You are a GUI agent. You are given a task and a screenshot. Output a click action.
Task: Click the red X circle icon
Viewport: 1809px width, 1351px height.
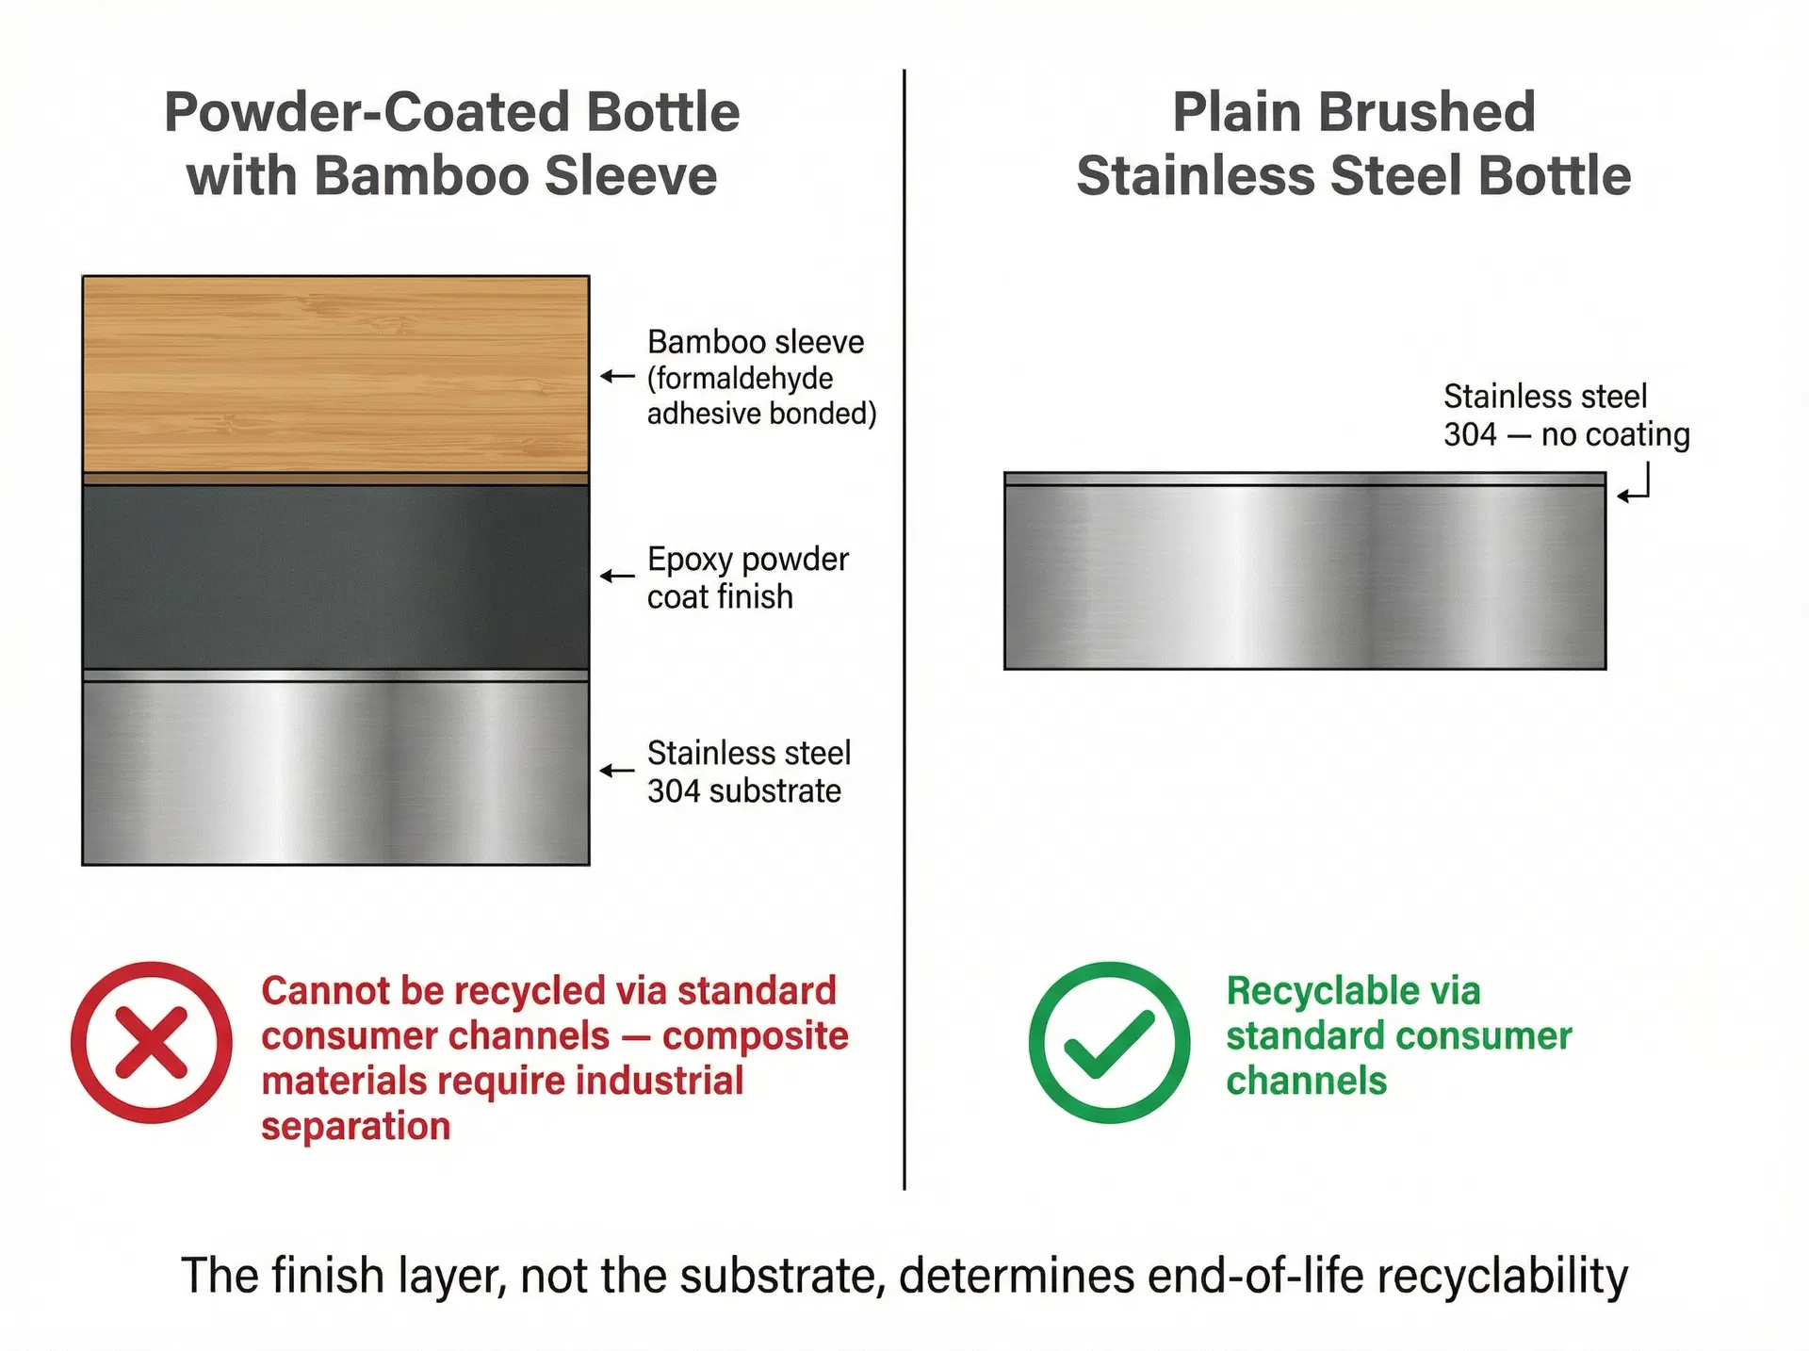pos(151,1042)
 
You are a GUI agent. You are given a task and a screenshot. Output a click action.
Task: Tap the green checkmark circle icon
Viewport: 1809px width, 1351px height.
pos(1109,1042)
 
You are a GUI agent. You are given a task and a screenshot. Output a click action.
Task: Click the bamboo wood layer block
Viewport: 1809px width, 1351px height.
pos(335,374)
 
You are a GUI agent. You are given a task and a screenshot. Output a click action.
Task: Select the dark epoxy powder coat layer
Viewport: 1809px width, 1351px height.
pos(335,577)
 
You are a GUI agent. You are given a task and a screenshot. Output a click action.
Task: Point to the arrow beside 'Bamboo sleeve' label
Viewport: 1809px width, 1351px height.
pos(617,377)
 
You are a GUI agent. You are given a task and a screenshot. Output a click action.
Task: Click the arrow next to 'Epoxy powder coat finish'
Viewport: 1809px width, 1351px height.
pos(617,576)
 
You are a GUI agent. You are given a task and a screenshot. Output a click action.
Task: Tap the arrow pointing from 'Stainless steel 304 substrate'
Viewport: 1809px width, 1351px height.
pos(617,771)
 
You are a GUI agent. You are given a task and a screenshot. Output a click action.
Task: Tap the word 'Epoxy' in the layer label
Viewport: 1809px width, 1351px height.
pos(690,561)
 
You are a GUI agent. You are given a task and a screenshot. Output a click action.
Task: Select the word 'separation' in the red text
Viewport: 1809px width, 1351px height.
pos(356,1127)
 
